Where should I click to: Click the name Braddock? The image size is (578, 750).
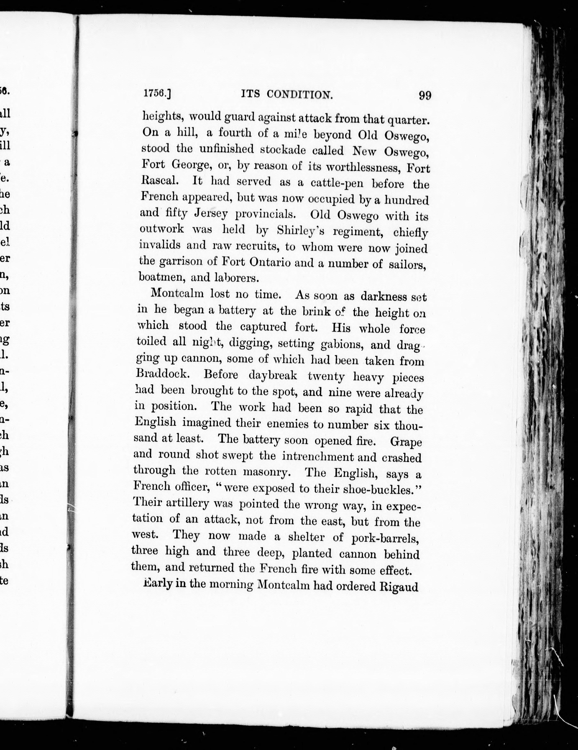162,374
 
